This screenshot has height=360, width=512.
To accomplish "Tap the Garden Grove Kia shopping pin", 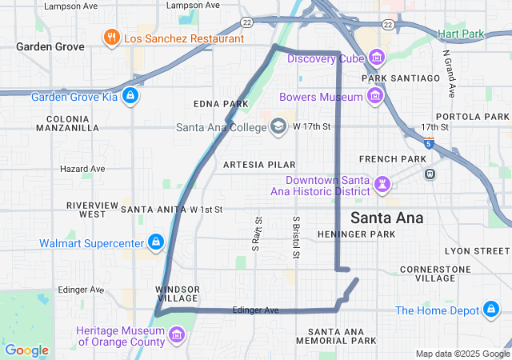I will click(131, 98).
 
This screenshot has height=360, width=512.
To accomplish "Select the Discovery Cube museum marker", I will click(376, 58).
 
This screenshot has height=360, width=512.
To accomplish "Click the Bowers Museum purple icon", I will click(374, 97).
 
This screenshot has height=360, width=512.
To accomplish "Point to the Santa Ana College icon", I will click(278, 126).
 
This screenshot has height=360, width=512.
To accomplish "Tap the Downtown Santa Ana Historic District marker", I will click(382, 186).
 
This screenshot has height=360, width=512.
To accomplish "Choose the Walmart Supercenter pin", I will click(155, 242).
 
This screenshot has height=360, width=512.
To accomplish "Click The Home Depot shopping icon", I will click(490, 310).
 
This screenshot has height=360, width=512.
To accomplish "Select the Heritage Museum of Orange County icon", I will click(177, 335).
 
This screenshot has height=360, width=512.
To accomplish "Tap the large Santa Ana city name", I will click(387, 218).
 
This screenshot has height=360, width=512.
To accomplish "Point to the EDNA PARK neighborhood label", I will click(221, 105).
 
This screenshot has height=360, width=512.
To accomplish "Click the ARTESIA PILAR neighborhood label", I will click(254, 164).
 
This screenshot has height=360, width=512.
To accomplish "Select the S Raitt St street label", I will click(258, 232).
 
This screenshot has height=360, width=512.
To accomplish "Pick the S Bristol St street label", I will click(296, 237).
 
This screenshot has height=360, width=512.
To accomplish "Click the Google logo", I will click(26, 350).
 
